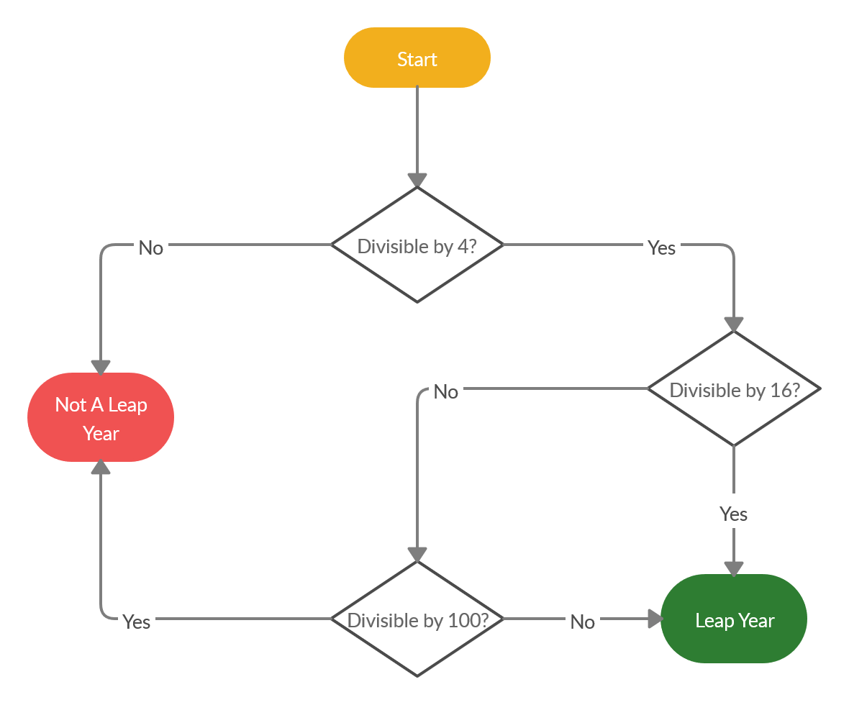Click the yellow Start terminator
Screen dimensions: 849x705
point(417,58)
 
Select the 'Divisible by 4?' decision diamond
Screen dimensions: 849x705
point(417,245)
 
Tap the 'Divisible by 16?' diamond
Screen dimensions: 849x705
point(734,388)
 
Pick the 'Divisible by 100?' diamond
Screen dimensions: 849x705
point(417,619)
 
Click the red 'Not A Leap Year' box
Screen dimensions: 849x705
point(101,417)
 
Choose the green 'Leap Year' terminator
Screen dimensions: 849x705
point(734,619)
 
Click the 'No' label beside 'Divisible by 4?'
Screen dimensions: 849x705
point(150,247)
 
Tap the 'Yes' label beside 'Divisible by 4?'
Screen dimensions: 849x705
point(661,247)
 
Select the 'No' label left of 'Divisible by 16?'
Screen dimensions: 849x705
point(445,391)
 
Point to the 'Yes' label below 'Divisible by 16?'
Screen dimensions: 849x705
point(733,514)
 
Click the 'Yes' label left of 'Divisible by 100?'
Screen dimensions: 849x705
point(136,622)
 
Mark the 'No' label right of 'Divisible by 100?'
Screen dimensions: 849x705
point(582,622)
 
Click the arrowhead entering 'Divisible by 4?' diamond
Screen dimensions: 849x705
point(417,181)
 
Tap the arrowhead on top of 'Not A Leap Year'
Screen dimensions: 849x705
point(101,367)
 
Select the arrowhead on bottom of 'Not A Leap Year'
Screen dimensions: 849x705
point(101,468)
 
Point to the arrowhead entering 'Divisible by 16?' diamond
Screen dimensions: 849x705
point(734,324)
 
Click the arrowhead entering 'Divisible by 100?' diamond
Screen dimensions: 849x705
point(417,555)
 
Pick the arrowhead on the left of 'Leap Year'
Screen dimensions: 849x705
point(655,619)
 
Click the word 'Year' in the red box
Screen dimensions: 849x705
point(101,433)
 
